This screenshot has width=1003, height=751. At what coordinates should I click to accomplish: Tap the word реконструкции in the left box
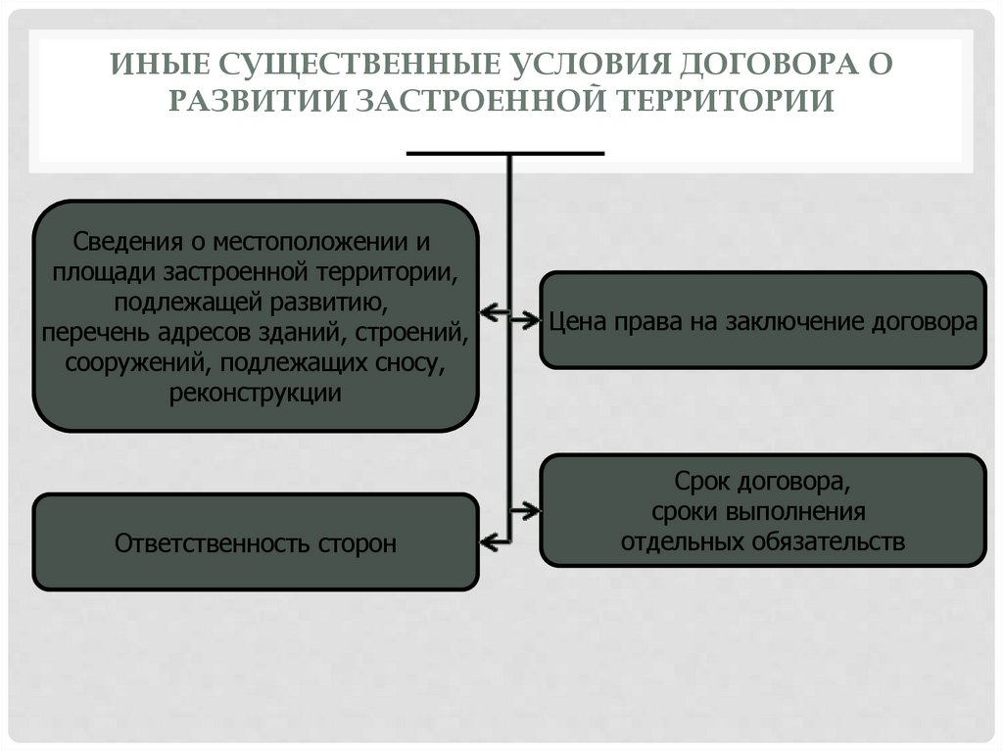(x=256, y=394)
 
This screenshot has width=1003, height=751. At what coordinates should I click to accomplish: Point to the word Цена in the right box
(x=578, y=321)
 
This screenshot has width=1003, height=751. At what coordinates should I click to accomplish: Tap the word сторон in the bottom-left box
(x=358, y=543)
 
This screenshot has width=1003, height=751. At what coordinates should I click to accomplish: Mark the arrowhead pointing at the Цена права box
(x=531, y=317)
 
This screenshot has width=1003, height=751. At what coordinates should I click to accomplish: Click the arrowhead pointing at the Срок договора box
(x=531, y=510)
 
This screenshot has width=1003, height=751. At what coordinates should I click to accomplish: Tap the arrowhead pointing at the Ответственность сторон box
(x=487, y=539)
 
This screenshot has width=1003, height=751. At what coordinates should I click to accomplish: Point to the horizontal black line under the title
(x=505, y=154)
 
